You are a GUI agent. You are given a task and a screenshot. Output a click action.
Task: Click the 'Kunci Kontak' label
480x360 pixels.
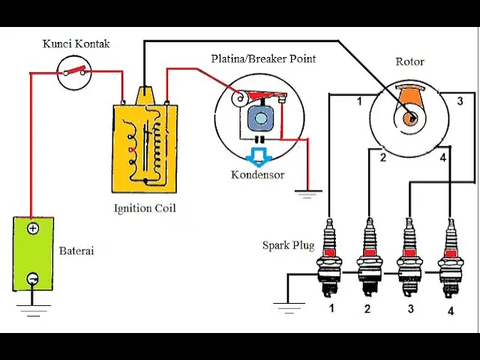(76, 43)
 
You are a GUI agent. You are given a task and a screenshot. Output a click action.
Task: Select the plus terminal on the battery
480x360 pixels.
(33, 228)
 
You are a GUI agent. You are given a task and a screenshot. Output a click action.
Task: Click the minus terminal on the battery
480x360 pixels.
(33, 278)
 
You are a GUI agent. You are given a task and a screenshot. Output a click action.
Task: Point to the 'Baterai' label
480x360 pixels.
(76, 250)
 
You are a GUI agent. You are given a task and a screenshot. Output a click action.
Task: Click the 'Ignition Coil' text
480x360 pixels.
(145, 208)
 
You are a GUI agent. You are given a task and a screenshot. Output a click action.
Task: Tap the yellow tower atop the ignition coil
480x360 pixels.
(145, 96)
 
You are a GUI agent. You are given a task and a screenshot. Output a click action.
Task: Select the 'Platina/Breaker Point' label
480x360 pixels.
(263, 58)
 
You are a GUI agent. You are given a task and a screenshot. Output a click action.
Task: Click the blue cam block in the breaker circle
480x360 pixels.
(260, 118)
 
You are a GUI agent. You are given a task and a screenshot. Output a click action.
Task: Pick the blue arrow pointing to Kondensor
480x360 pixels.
(259, 157)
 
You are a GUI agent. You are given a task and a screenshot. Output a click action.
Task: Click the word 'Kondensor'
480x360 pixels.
(257, 175)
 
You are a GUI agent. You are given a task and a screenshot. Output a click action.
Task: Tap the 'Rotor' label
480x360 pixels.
(410, 61)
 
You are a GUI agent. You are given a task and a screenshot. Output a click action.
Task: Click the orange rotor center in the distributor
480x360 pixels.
(410, 118)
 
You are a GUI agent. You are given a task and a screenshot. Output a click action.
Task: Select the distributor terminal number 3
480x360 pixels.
(460, 101)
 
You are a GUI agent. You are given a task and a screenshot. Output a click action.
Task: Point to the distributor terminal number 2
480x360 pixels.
(383, 157)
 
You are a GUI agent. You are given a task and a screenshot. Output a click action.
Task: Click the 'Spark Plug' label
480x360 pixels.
(288, 245)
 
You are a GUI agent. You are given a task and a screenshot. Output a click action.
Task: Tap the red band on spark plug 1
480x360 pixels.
(329, 253)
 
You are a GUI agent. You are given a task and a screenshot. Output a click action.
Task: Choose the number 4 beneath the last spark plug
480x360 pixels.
(451, 311)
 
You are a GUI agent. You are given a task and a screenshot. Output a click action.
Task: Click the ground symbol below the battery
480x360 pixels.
(33, 310)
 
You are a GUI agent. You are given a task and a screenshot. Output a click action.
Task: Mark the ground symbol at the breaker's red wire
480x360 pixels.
(308, 194)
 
